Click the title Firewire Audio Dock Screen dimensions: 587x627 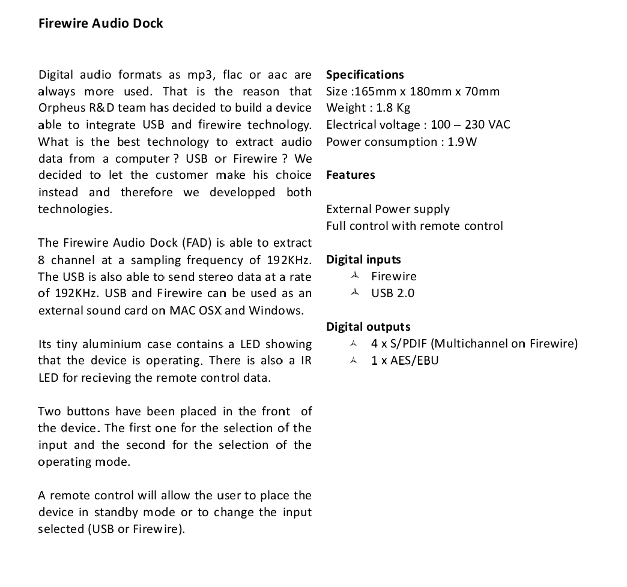100,23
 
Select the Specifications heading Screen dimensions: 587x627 365,75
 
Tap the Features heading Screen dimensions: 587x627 350,175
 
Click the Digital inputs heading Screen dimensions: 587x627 363,260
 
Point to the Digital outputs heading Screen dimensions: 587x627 368,327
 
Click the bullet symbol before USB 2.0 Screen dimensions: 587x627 355,293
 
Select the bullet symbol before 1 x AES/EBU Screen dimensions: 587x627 355,360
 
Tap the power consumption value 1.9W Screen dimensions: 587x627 462,142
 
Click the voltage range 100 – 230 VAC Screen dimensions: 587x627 470,125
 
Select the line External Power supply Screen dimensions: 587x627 387,209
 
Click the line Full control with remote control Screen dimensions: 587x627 414,226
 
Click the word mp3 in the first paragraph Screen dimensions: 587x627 201,75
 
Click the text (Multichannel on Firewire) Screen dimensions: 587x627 504,344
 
